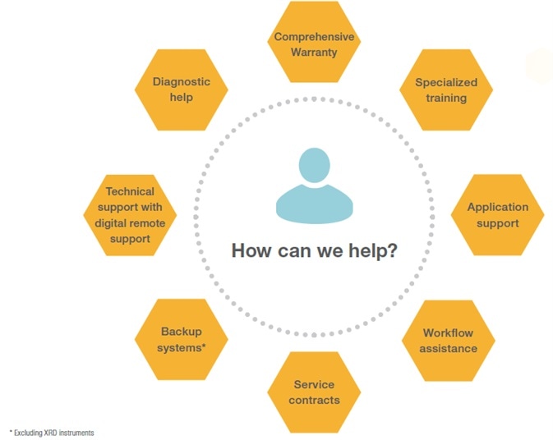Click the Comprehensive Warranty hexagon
[314, 44]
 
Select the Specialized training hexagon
[446, 90]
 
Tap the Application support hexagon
[498, 215]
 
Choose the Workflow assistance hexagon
[449, 341]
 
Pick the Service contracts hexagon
[314, 392]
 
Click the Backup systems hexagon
[182, 340]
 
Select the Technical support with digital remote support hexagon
[130, 215]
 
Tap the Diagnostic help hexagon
[182, 89]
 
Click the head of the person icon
[314, 167]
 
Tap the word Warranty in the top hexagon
[314, 53]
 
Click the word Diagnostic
[182, 82]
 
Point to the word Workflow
[449, 333]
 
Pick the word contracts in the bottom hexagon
[314, 400]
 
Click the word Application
[498, 208]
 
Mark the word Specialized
[446, 83]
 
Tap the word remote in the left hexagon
[150, 223]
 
